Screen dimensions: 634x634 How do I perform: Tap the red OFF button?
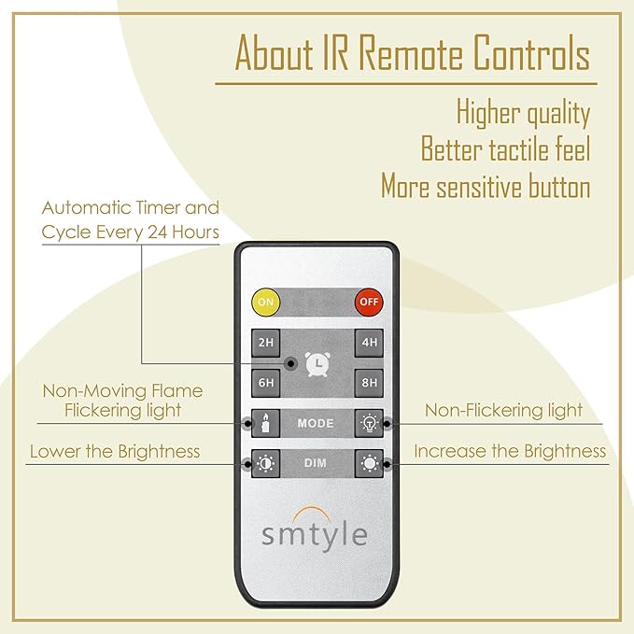tap(369, 302)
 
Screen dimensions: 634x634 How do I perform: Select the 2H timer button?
tap(266, 343)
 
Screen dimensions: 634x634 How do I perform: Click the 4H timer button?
tap(369, 343)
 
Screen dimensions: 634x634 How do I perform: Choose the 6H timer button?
tap(266, 383)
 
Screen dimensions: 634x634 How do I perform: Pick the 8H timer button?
tap(369, 383)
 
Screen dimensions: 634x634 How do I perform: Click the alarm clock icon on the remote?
tap(317, 364)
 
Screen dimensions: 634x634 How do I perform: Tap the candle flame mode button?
tap(266, 423)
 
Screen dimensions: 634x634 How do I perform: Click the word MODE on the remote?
tap(316, 423)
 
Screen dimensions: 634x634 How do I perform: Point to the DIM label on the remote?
tap(316, 463)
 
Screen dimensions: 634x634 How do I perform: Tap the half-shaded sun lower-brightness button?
tap(266, 463)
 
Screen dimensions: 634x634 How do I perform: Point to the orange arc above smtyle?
tap(311, 511)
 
